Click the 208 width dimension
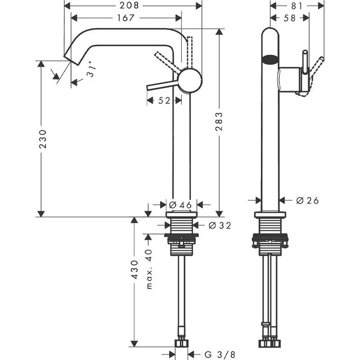pyautogui.click(x=129, y=5)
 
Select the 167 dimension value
pyautogui.click(x=126, y=18)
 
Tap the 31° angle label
pyautogui.click(x=90, y=69)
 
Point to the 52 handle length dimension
pyautogui.click(x=164, y=100)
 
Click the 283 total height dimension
pyautogui.click(x=219, y=121)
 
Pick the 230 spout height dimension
pyautogui.click(x=43, y=139)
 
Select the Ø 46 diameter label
pyautogui.click(x=180, y=205)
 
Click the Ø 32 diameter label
pyautogui.click(x=220, y=226)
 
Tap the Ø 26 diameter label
pyautogui.click(x=307, y=201)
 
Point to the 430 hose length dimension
pyautogui.click(x=134, y=270)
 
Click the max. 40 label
pyautogui.click(x=149, y=269)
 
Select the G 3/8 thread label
pyautogui.click(x=220, y=354)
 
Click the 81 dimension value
pyautogui.click(x=297, y=6)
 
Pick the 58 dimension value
pyautogui.click(x=289, y=18)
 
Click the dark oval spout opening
pyautogui.click(x=270, y=59)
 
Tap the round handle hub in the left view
pyautogui.click(x=190, y=81)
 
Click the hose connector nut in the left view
pyautogui.click(x=182, y=344)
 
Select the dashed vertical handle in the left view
pyautogui.click(x=189, y=52)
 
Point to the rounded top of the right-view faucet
pyautogui.click(x=270, y=31)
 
